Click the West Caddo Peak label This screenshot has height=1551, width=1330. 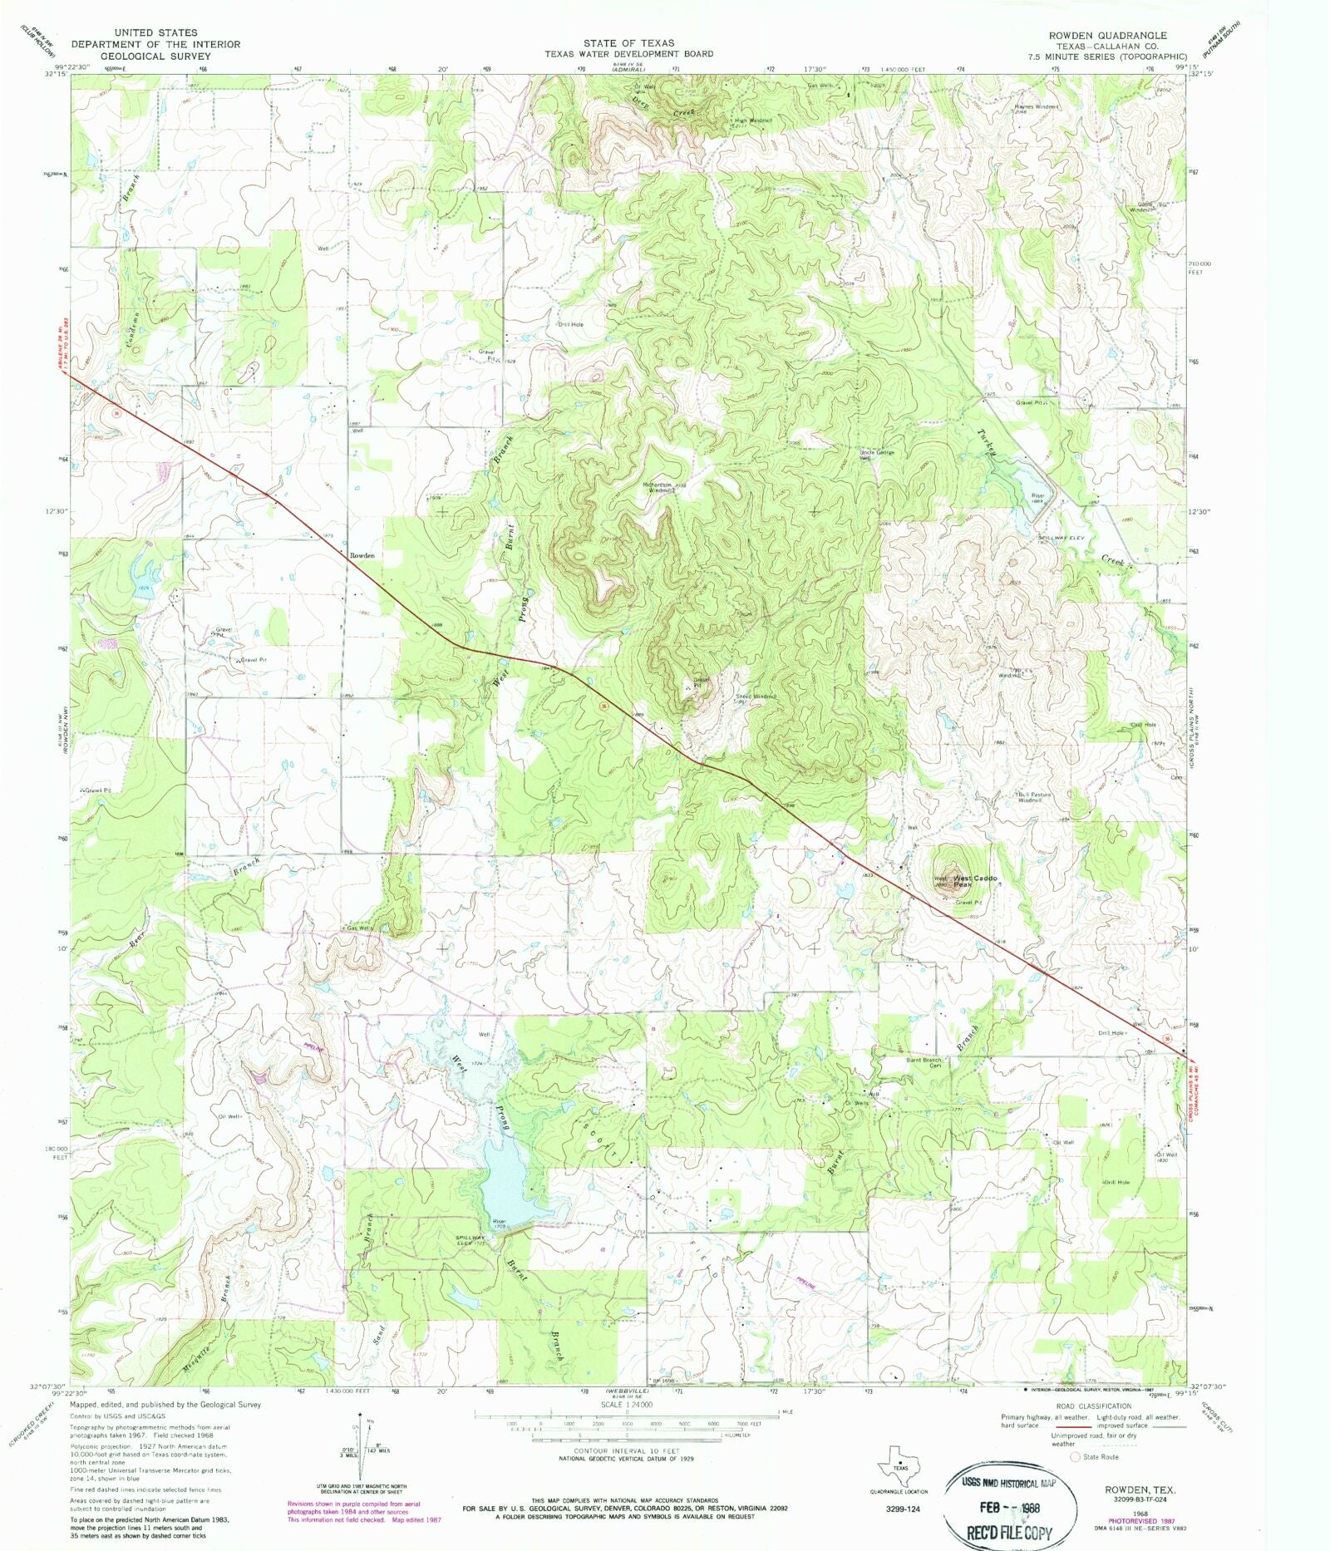coord(974,882)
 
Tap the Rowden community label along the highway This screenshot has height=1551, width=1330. coord(362,555)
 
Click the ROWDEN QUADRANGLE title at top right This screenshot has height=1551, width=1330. coord(1107,35)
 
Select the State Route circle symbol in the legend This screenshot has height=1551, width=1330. coord(1074,1457)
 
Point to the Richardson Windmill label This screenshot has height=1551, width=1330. coord(663,487)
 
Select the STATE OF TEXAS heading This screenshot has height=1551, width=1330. coord(628,42)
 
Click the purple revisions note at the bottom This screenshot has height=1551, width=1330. coord(364,1511)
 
